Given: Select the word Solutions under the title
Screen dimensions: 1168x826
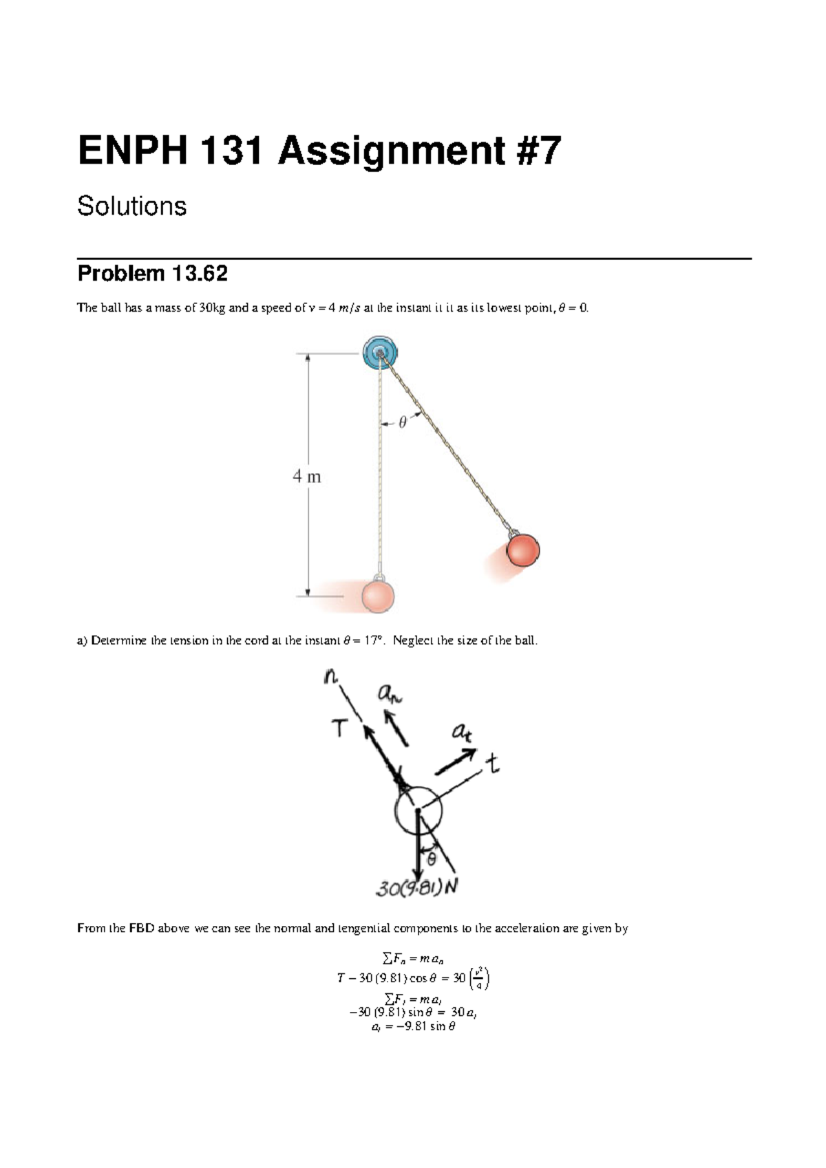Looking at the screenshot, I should [x=131, y=206].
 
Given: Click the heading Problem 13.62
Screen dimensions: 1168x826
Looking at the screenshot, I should [x=152, y=274].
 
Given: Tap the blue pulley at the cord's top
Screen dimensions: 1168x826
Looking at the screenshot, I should [x=380, y=353].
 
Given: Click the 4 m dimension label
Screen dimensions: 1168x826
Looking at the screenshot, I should [x=307, y=476].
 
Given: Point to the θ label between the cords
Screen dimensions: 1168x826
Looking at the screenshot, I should [x=403, y=422].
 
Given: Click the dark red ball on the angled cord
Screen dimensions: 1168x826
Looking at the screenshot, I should [x=523, y=550].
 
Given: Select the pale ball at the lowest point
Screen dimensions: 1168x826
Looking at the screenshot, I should [x=378, y=596].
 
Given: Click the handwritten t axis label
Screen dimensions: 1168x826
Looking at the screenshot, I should [x=492, y=764].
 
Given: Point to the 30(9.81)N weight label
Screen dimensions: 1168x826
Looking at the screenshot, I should [x=416, y=888].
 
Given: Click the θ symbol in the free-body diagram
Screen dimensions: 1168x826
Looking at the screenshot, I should [x=432, y=858].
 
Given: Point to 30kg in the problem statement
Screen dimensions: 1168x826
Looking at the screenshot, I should [x=212, y=308].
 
